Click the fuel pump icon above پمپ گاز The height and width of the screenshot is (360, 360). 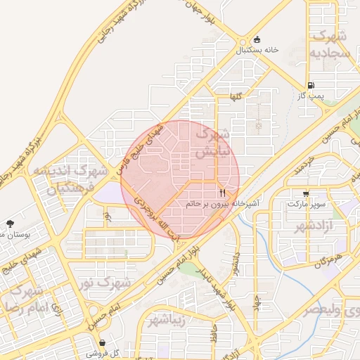click(x=311, y=84)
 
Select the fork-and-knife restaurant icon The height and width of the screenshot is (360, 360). click(x=223, y=192)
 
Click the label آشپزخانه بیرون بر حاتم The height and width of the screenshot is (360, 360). click(x=222, y=203)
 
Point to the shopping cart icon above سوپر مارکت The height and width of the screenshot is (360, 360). click(x=306, y=193)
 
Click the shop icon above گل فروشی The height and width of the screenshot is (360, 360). click(x=103, y=343)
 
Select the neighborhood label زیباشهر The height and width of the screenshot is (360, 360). click(x=167, y=321)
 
